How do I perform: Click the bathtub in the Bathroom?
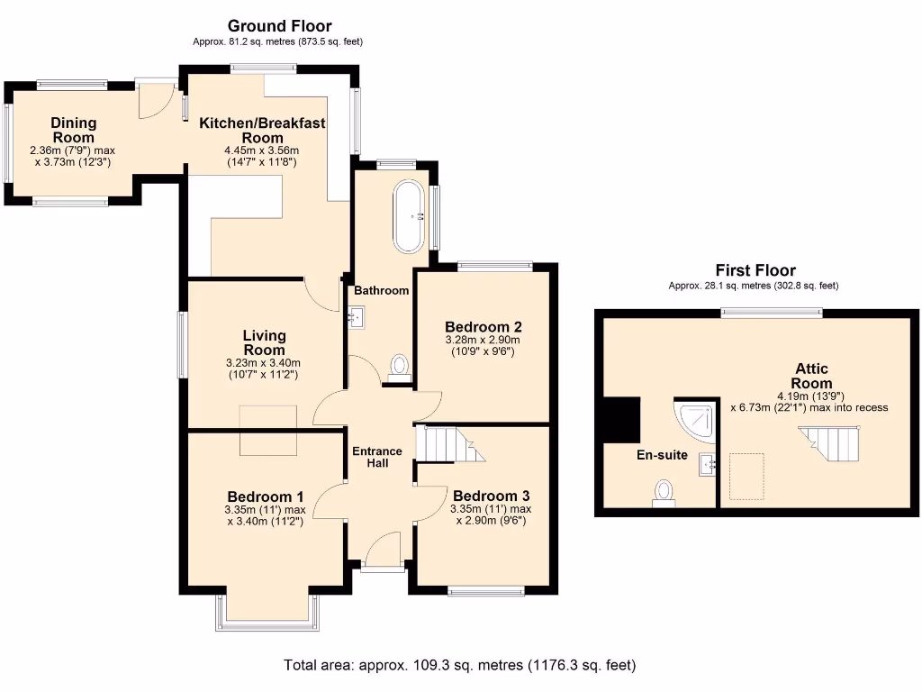[408, 216]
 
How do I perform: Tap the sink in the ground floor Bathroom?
[356, 316]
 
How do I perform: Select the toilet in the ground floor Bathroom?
[399, 368]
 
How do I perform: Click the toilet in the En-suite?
[664, 493]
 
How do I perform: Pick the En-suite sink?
[707, 464]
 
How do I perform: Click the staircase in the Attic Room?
[829, 443]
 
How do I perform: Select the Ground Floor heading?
[280, 26]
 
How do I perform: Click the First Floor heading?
[755, 270]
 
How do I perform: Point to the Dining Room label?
[74, 130]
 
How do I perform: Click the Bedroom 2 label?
[484, 327]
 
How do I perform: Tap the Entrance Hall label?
[377, 457]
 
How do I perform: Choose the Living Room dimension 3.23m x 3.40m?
[264, 363]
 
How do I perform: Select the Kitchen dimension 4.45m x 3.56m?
[262, 150]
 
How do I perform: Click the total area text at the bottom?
[460, 666]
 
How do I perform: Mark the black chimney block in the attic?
[622, 420]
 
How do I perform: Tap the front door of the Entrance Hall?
[383, 552]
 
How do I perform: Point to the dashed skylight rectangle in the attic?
[746, 477]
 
